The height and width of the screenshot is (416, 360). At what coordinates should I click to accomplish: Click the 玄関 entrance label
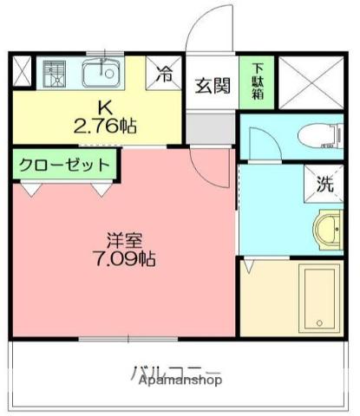(x=212, y=86)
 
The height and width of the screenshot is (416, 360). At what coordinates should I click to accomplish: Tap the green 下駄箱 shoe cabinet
(x=257, y=81)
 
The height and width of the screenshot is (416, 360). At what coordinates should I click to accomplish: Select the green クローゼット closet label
(x=62, y=164)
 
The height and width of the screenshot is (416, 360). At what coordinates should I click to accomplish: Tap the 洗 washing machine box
(x=323, y=183)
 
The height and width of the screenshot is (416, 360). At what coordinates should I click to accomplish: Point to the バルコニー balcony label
(x=177, y=373)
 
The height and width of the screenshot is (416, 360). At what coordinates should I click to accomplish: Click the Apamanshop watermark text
(x=177, y=380)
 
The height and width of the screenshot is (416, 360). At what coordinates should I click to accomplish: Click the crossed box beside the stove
(x=23, y=72)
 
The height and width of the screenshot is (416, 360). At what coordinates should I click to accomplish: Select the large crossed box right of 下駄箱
(x=313, y=82)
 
